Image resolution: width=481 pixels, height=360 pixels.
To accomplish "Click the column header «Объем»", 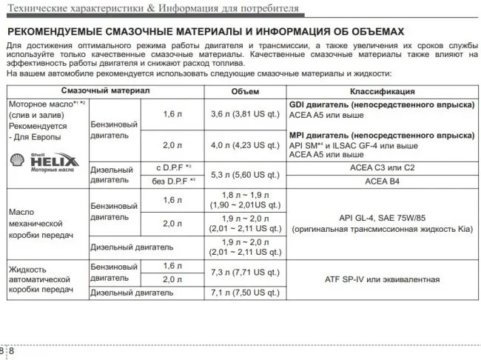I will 244,91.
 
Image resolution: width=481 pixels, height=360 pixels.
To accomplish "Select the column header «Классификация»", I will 382,91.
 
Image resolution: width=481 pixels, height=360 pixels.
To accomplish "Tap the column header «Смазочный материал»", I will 105,90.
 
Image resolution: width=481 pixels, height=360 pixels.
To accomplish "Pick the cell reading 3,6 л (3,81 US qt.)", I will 244,115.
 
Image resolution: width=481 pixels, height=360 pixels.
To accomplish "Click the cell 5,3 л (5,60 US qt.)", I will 244,175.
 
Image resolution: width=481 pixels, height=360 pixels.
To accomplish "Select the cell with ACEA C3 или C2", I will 382,168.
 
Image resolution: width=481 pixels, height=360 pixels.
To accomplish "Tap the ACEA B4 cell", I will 382,181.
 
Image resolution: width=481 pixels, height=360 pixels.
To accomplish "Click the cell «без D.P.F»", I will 172,181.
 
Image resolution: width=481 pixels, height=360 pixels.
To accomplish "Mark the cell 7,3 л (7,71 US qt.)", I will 244,273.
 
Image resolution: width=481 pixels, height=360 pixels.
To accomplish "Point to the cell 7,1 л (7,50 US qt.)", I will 244,293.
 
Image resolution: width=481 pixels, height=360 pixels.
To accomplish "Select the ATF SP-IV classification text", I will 382,279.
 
